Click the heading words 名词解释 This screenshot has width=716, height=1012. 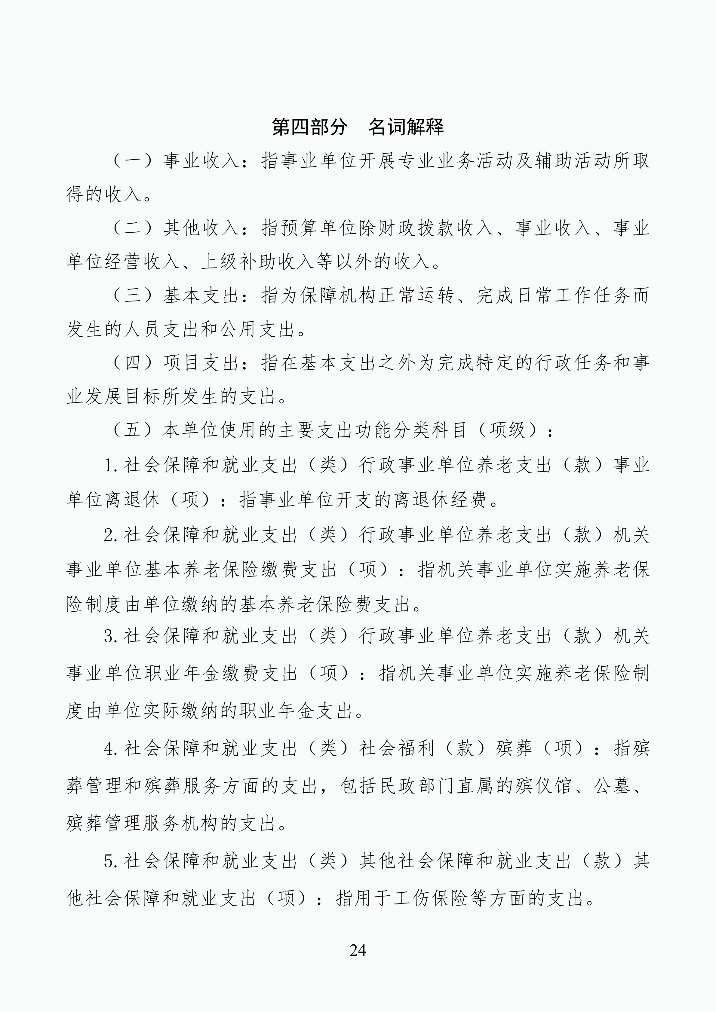(406, 127)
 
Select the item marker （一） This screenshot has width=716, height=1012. (133, 161)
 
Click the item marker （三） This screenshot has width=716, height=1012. (133, 296)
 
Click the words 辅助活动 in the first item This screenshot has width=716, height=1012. (573, 161)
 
